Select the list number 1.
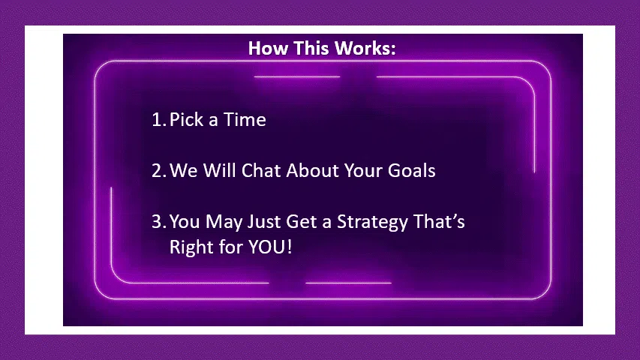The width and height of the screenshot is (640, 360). [159, 119]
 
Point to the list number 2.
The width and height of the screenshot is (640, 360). [159, 170]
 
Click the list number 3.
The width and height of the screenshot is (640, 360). [159, 222]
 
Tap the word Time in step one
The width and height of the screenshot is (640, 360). [245, 119]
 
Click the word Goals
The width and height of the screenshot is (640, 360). [411, 170]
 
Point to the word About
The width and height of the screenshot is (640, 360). [312, 170]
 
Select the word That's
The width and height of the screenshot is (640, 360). [439, 222]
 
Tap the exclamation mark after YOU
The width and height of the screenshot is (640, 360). [290, 247]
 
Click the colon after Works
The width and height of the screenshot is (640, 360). [393, 50]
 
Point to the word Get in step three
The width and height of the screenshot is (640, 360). [301, 222]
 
